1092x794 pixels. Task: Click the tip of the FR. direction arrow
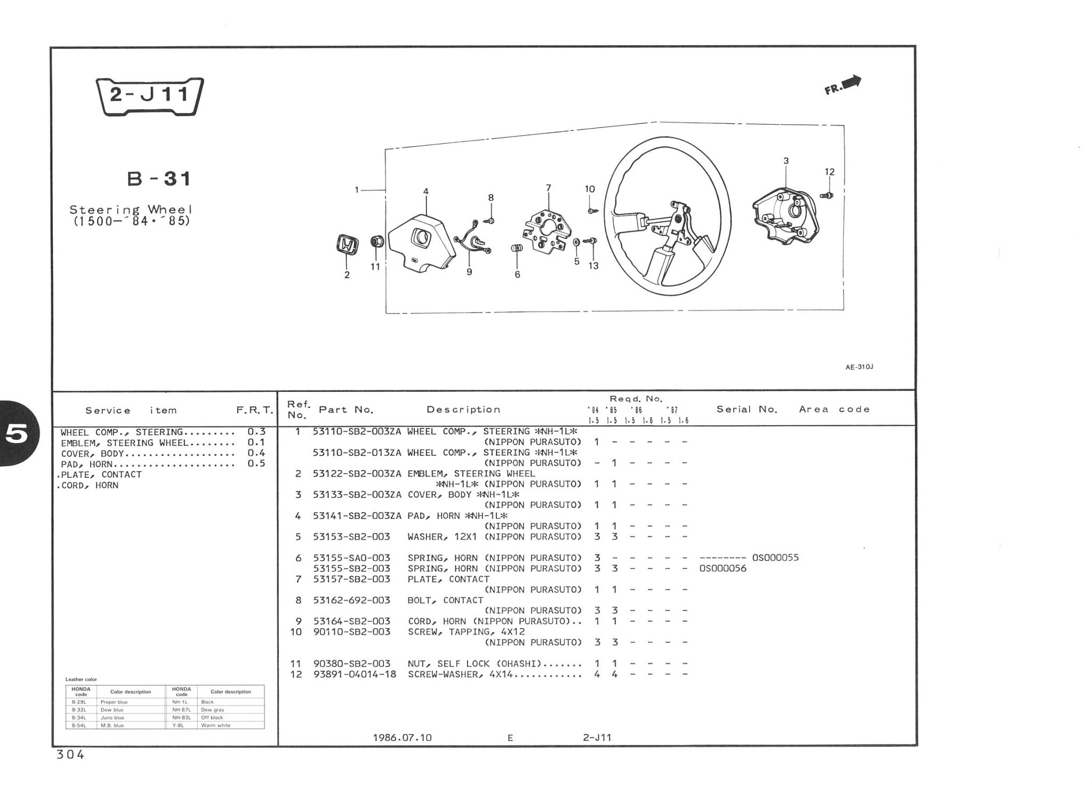(x=861, y=78)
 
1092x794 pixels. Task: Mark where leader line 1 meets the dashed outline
(x=386, y=190)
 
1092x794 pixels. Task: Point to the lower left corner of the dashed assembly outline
(x=386, y=313)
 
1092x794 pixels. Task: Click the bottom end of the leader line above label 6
(x=517, y=268)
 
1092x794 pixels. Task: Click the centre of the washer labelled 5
(x=576, y=243)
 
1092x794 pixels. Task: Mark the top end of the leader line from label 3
(x=786, y=166)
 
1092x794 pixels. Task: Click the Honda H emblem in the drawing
(x=347, y=246)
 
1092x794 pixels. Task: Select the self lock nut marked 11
(x=376, y=241)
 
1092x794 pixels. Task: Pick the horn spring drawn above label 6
(x=516, y=248)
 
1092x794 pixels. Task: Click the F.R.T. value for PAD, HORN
(x=256, y=463)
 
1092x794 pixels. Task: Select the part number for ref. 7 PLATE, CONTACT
(x=351, y=579)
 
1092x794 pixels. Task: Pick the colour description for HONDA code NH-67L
(x=213, y=710)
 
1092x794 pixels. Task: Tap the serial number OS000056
(x=722, y=568)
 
